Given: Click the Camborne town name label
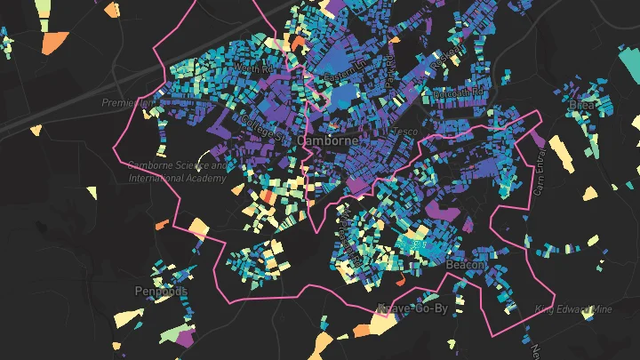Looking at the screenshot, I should [327, 140].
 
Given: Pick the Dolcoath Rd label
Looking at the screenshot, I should [457, 92].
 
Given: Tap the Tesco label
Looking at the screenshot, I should [404, 132].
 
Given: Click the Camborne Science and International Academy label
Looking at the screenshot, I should [177, 172].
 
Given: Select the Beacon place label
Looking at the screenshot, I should [465, 266].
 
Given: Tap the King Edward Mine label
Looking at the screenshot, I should [573, 309].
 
